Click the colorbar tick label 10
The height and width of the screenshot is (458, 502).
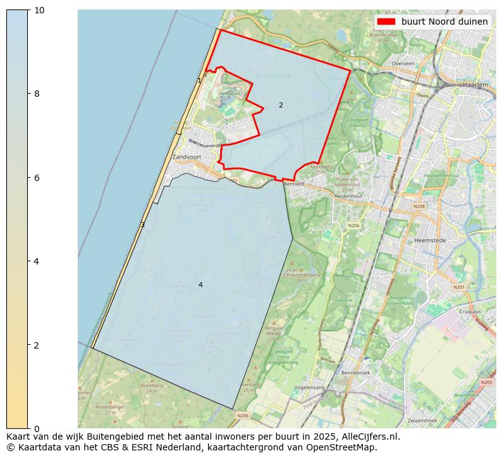point(39,10)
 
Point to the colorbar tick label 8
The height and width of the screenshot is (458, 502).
point(36,94)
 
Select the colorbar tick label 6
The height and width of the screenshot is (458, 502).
point(36,178)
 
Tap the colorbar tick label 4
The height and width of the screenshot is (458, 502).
point(36,261)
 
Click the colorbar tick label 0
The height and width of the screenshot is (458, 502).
point(36,429)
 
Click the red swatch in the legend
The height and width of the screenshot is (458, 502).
point(386,22)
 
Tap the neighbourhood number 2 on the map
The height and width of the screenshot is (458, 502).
point(281,105)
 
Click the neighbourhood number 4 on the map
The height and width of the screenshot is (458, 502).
point(200,285)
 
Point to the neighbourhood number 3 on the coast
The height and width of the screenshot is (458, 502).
point(142,225)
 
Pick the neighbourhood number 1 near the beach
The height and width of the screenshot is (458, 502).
point(199,80)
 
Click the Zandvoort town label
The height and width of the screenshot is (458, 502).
point(187,157)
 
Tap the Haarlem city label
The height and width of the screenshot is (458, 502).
point(475,84)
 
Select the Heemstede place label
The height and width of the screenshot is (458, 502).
point(430,240)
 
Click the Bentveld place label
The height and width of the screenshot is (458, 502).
point(294,184)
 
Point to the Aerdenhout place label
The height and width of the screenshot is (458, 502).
point(348,196)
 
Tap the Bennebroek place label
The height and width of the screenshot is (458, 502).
point(355,373)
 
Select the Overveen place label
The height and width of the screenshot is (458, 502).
point(403,64)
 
